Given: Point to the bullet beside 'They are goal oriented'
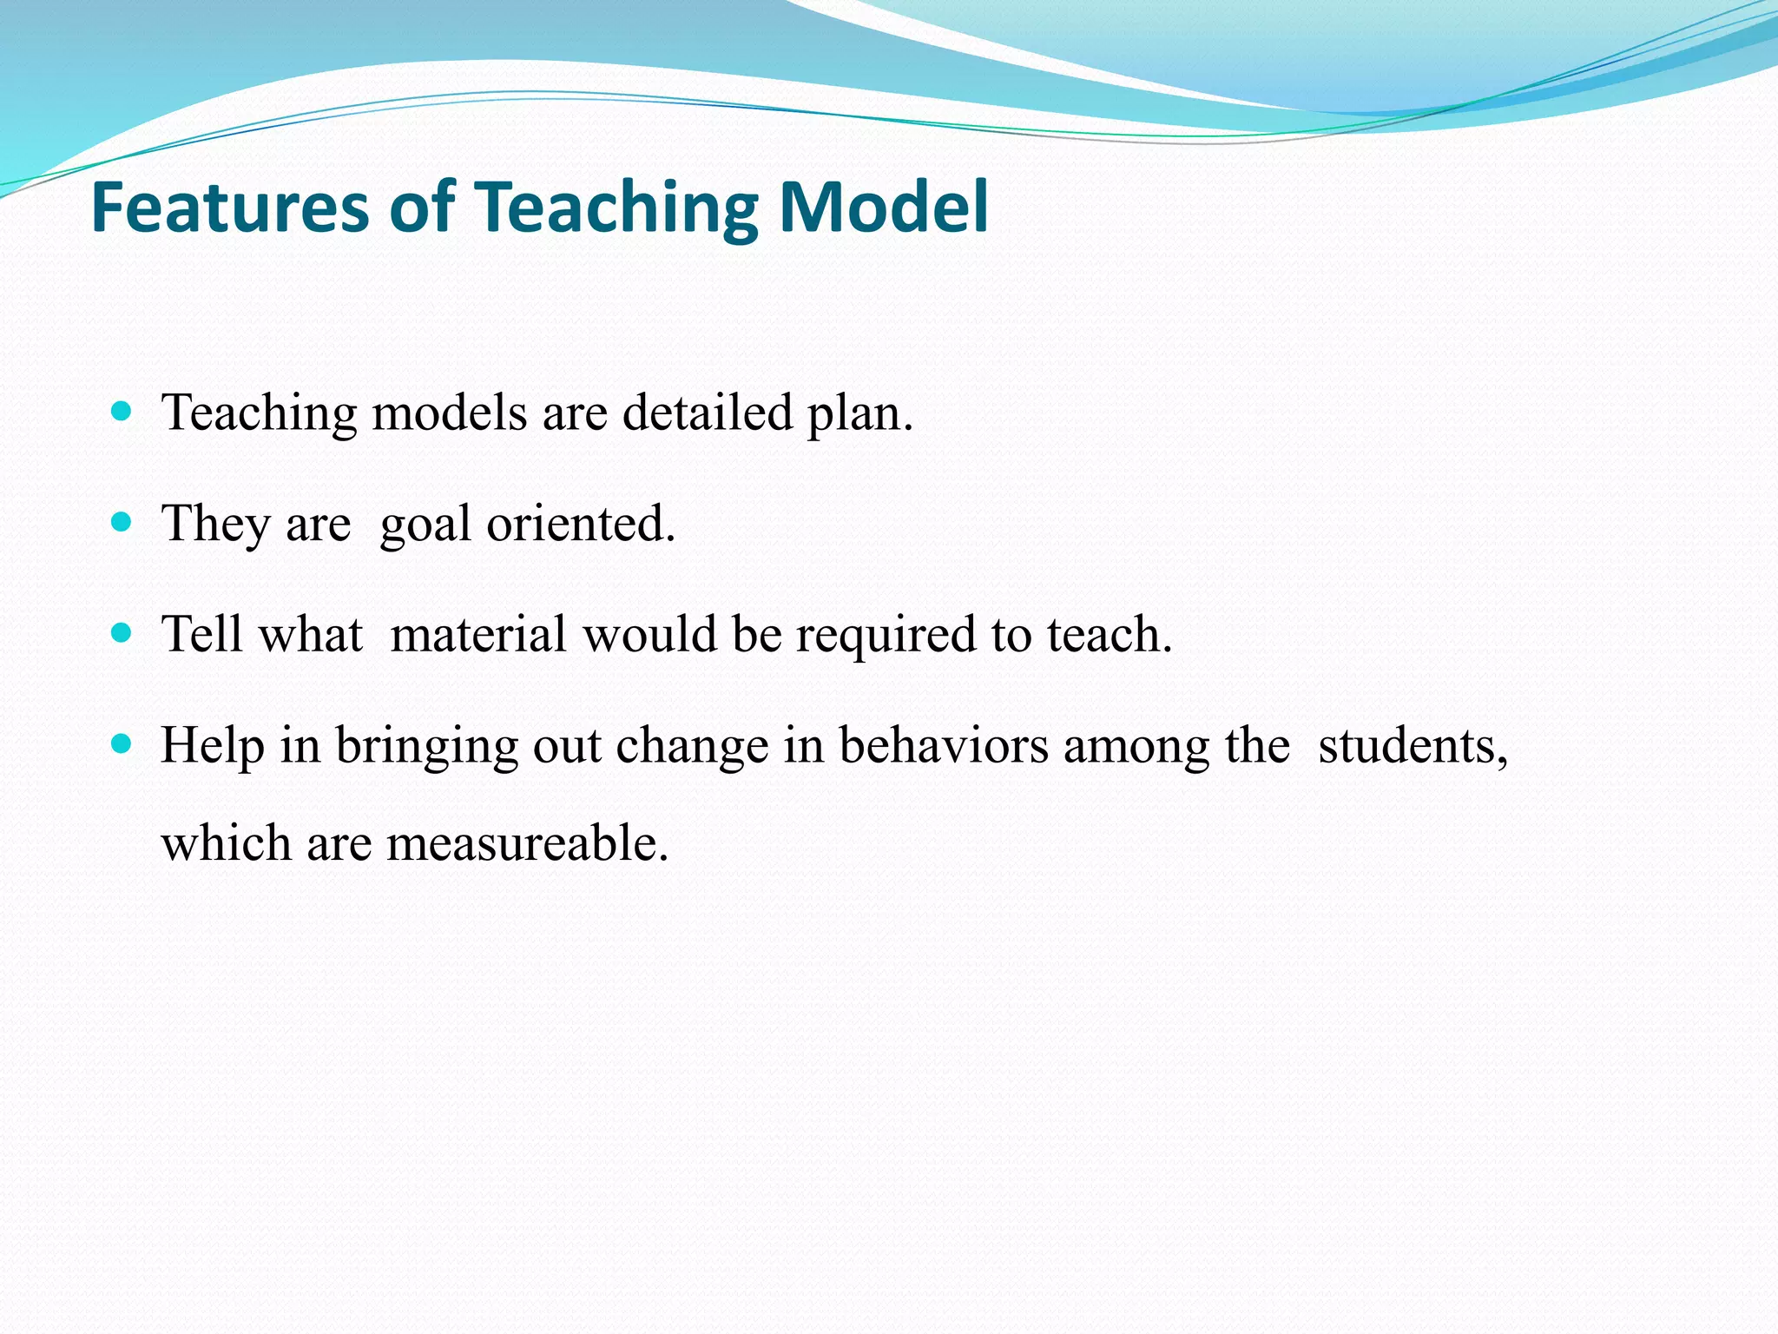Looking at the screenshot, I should (x=122, y=522).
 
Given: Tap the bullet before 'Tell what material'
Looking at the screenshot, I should (x=122, y=633).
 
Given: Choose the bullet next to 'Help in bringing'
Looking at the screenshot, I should (x=122, y=744).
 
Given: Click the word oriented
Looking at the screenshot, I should (x=579, y=524).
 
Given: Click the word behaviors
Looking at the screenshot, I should (x=943, y=745).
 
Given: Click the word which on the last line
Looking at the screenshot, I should (x=226, y=842).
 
